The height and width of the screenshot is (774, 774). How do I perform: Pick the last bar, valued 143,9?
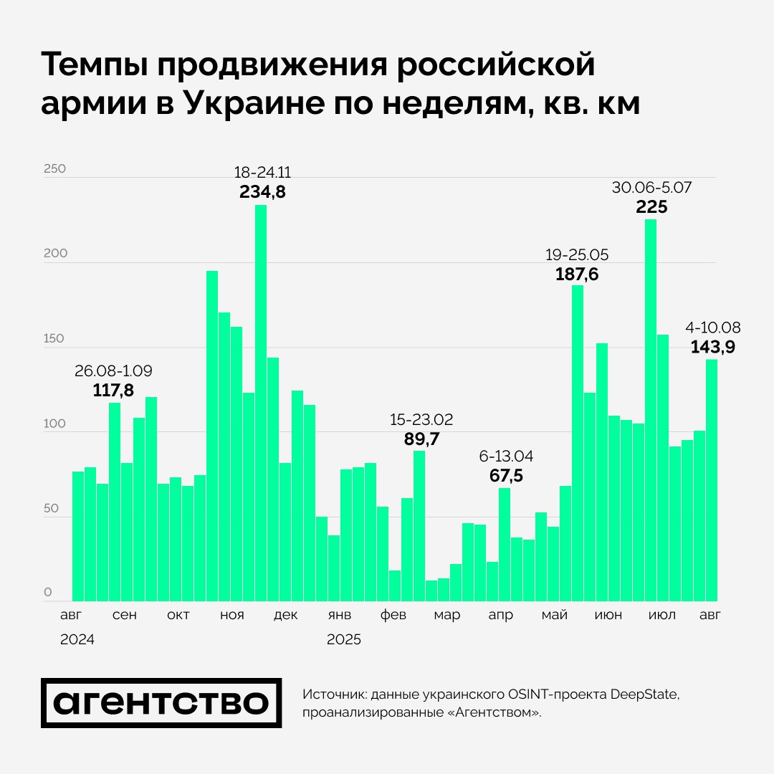coord(712,480)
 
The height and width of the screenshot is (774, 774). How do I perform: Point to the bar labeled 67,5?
coord(505,544)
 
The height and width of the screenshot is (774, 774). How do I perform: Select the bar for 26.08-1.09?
coord(115,502)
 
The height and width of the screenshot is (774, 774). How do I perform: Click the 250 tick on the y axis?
coord(54,169)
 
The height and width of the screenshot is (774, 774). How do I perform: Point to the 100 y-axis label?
coord(54,424)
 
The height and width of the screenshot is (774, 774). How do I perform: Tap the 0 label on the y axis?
coord(48,593)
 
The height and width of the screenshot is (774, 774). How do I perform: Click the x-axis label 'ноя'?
coord(232,616)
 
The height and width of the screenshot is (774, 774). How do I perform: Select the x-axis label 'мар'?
coord(447,616)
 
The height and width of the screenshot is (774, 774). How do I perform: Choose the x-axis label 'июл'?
coord(661,616)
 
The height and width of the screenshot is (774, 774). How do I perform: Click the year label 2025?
coord(344,640)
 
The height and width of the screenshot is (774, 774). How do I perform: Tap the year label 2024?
coord(77,640)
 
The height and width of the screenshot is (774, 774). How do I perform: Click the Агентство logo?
coord(161,703)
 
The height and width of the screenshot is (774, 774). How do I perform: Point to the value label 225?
coord(651,207)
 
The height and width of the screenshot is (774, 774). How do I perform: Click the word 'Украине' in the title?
coord(255,104)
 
